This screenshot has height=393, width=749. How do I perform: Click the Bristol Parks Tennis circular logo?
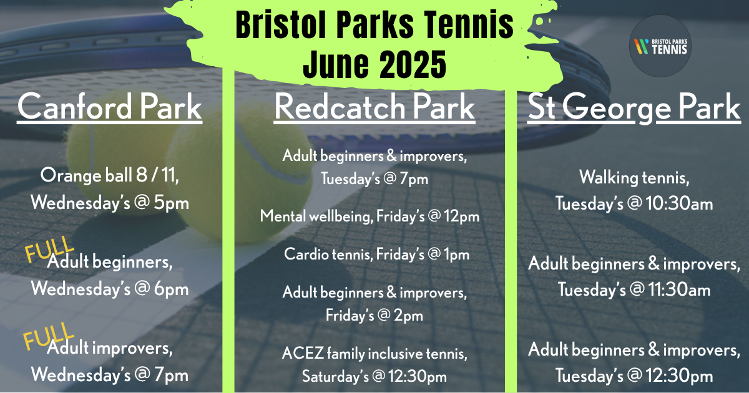coord(660,46)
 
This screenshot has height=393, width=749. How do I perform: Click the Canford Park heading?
coord(110,107)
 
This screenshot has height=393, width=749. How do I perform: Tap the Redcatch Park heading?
coord(374,107)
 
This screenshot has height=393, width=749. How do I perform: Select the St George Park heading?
coord(634,108)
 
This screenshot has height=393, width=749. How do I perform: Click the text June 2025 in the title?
coord(374,64)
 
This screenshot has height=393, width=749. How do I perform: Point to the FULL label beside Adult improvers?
coord(49,337)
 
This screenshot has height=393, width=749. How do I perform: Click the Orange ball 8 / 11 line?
coord(110,175)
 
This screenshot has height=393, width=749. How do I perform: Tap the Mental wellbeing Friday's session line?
coord(370,216)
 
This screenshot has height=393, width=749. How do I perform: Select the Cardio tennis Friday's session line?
coord(377,255)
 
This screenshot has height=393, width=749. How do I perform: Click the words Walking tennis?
coord(634,177)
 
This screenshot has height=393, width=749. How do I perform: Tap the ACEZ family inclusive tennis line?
coord(374,354)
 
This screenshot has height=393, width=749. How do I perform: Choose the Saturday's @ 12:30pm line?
coord(374,377)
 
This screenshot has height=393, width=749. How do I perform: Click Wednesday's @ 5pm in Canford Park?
coord(110,203)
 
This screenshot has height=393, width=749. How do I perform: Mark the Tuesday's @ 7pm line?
coord(374,179)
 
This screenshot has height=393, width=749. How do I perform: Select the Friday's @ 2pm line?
coord(374,315)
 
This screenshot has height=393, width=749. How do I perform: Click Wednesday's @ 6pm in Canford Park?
coord(110,289)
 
